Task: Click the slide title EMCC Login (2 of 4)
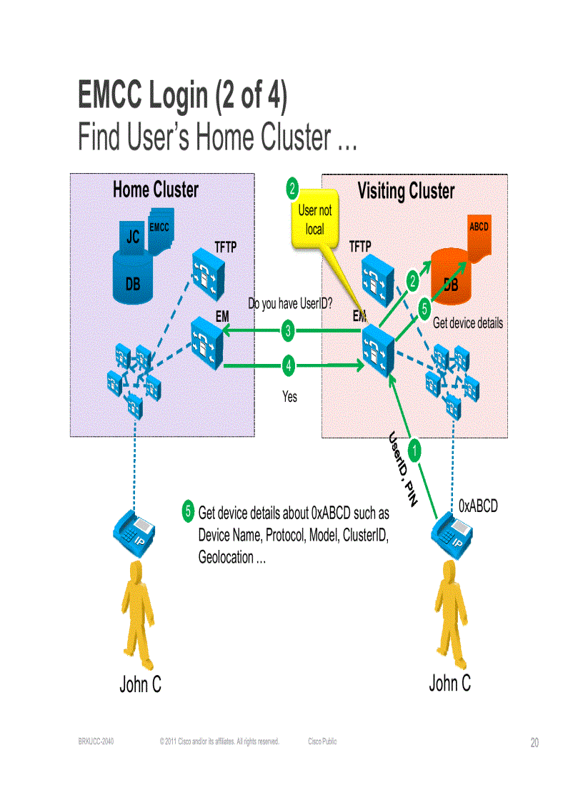coord(182,96)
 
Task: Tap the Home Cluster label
coord(155,189)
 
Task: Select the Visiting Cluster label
coord(406,191)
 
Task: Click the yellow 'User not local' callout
coord(315,220)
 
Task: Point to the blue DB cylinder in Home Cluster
coord(133,275)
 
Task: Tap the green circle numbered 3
coord(288,330)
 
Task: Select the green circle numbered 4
coord(288,365)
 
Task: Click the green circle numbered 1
coord(415,450)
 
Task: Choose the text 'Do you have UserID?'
coord(290,304)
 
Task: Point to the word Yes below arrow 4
coord(289,395)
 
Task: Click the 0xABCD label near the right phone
coord(478,506)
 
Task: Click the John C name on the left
coord(140,684)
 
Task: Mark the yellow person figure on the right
coord(449,611)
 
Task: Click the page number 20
coord(534,743)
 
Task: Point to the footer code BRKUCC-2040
coord(96,742)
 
